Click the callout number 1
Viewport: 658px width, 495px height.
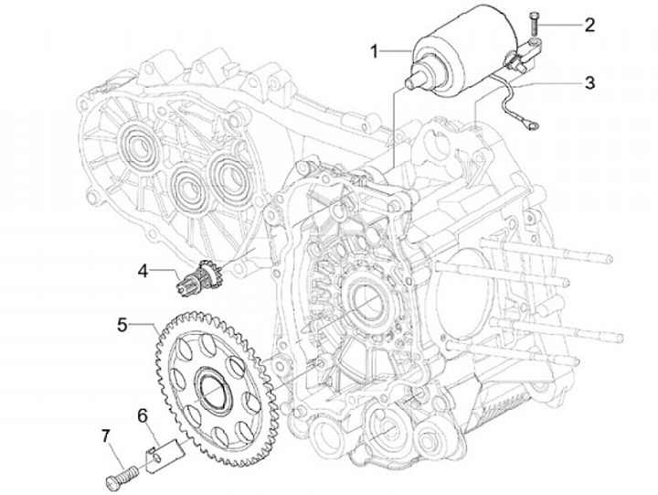(375, 52)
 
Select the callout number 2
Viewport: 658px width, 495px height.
(589, 26)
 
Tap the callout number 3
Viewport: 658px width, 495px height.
(589, 82)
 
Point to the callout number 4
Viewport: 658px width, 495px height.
(143, 271)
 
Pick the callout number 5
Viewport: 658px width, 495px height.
(122, 325)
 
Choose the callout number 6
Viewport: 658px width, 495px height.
(143, 416)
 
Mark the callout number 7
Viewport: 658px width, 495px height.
(105, 436)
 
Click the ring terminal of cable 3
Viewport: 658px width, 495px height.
(534, 124)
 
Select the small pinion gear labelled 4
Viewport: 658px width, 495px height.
(196, 277)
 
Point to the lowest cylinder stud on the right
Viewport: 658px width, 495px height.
(512, 352)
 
